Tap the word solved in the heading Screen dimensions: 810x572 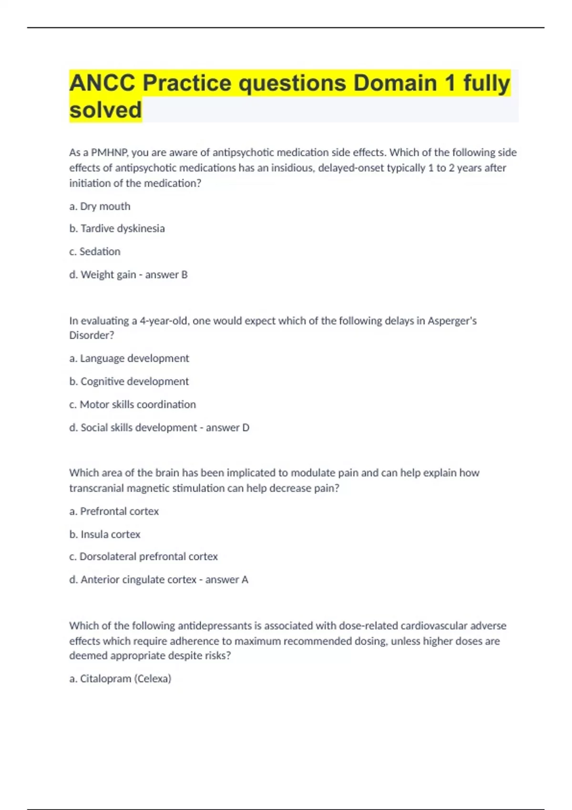[105, 110]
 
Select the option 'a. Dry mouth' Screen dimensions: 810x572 [100, 206]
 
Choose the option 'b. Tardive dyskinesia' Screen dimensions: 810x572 [117, 229]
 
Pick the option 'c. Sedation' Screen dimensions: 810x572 [94, 252]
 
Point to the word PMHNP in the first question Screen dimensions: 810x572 [109, 152]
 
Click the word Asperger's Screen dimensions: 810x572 [452, 321]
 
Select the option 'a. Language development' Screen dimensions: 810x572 [129, 358]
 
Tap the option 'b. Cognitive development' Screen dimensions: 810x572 [129, 382]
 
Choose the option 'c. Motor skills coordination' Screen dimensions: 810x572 [133, 405]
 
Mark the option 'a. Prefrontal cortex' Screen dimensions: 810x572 [114, 511]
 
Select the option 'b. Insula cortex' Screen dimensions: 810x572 [105, 535]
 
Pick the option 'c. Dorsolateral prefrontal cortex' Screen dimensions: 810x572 [143, 557]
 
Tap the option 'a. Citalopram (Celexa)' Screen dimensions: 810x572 [120, 678]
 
